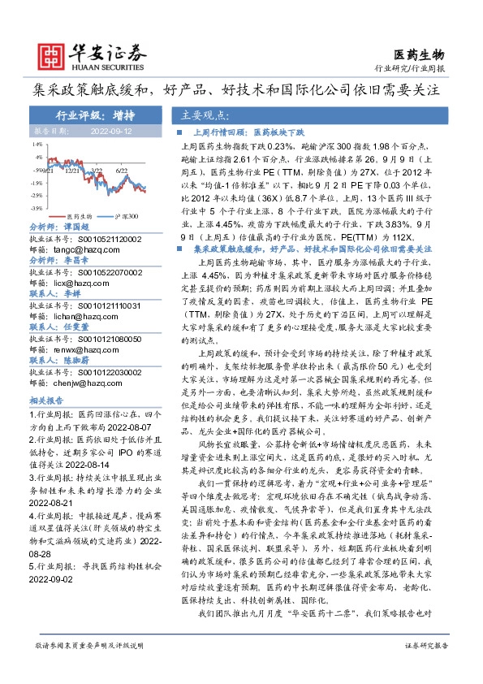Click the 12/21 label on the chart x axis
tap(71, 171)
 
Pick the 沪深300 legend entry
tap(126, 216)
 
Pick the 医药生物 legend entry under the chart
tap(80, 216)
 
